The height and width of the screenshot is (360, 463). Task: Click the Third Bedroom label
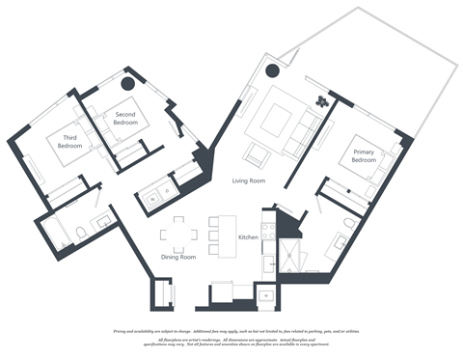click(70, 142)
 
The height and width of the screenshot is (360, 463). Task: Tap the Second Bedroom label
click(125, 118)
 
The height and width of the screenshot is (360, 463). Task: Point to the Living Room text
click(248, 180)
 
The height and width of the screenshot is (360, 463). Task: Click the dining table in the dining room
click(178, 232)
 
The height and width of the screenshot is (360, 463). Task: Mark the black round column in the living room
click(273, 69)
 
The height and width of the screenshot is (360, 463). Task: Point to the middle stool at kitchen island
click(215, 235)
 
